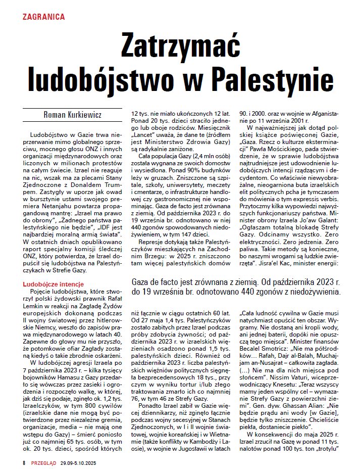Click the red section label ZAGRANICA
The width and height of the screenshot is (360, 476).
[x=43, y=17]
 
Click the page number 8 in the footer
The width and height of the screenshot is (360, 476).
[x=24, y=463]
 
